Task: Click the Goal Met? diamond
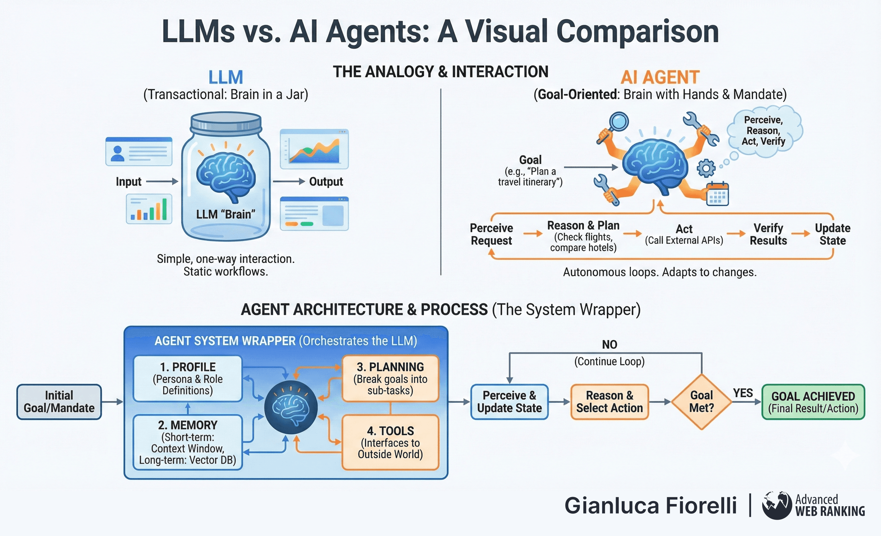click(x=701, y=402)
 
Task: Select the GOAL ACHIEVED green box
click(x=813, y=402)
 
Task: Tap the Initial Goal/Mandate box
click(x=59, y=402)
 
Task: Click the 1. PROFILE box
click(x=188, y=379)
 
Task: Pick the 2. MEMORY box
click(x=188, y=442)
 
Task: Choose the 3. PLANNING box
click(x=390, y=379)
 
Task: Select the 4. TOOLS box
click(x=390, y=442)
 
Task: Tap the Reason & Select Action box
click(x=609, y=402)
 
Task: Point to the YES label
click(x=743, y=393)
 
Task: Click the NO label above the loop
click(x=609, y=345)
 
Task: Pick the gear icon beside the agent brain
click(x=706, y=168)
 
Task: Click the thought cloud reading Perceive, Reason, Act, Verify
click(x=764, y=131)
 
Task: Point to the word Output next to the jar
click(x=326, y=182)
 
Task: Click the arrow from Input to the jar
click(x=162, y=182)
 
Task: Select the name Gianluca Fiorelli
click(x=651, y=506)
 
